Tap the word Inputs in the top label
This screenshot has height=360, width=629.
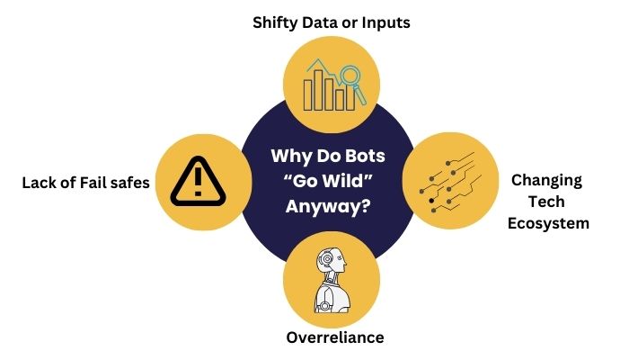383,22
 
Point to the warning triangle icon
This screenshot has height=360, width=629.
195,182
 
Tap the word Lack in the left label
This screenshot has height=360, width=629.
41,184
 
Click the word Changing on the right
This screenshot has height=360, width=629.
546,180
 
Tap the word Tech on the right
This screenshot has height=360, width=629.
546,201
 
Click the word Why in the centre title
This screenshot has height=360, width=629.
290,155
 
